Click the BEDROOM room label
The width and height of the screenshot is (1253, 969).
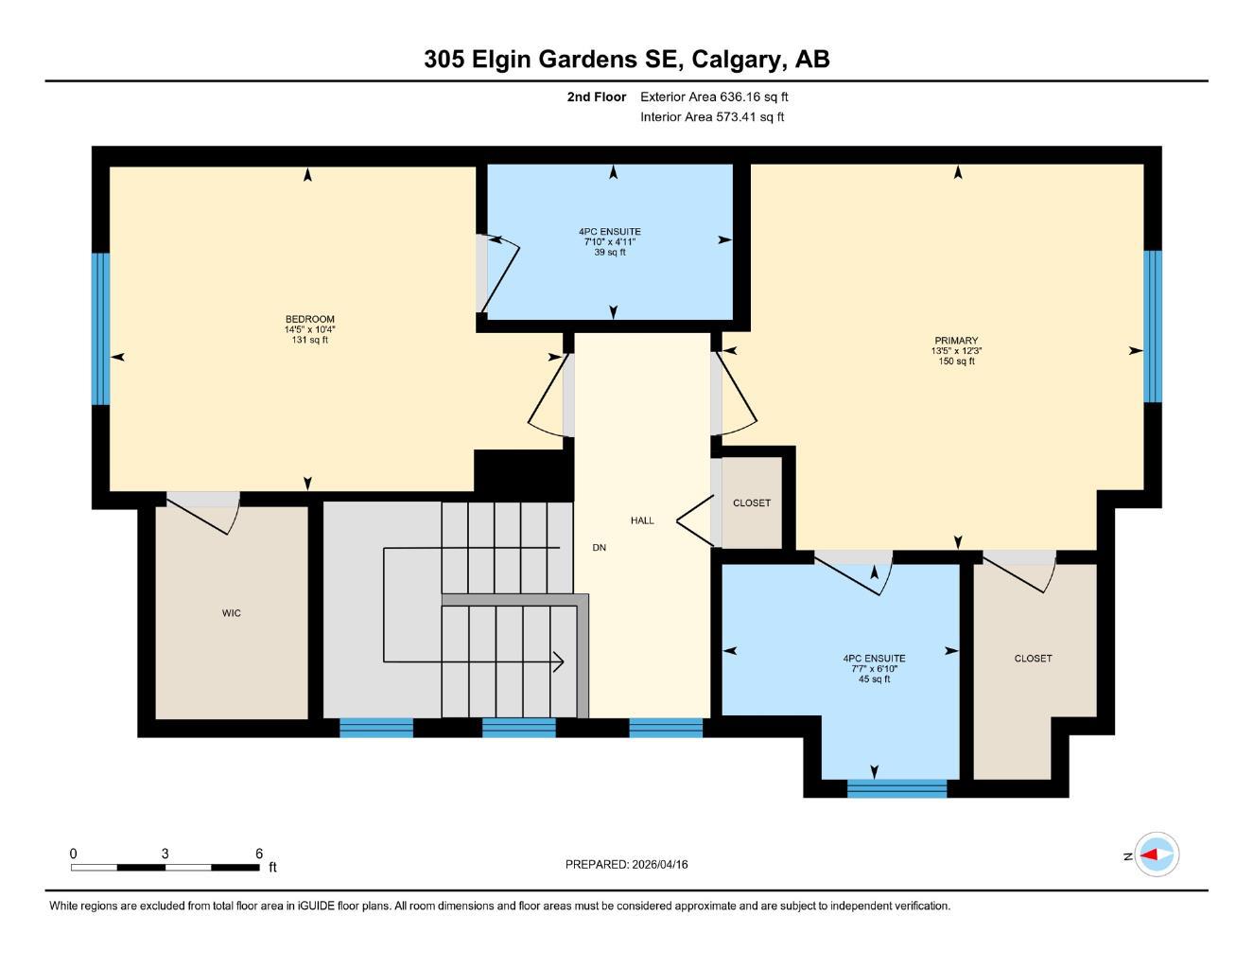coord(309,319)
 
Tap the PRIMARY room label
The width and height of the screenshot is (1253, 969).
coord(957,341)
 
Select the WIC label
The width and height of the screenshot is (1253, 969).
coord(232,613)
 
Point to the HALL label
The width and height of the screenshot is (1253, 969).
coord(642,520)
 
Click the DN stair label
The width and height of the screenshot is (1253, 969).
coord(600,547)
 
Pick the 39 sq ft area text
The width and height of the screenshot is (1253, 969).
coord(610,252)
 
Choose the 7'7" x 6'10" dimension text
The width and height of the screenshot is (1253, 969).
coord(874,668)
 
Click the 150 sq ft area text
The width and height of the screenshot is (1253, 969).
coord(957,361)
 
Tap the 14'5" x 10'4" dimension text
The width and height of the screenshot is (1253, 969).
coord(309,329)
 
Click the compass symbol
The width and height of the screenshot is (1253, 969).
coord(1156,854)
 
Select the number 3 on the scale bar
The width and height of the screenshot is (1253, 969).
coord(165,853)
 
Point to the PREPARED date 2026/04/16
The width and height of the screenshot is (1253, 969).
coord(660,865)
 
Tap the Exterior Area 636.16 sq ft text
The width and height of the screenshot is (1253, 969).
coord(714,97)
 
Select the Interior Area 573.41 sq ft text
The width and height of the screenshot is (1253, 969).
coord(712,117)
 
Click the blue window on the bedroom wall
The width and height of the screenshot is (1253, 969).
coord(101,328)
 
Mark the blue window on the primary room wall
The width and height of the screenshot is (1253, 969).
coord(1153,326)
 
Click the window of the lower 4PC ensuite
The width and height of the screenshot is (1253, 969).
coord(897,788)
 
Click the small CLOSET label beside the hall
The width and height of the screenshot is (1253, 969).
coord(752,503)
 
